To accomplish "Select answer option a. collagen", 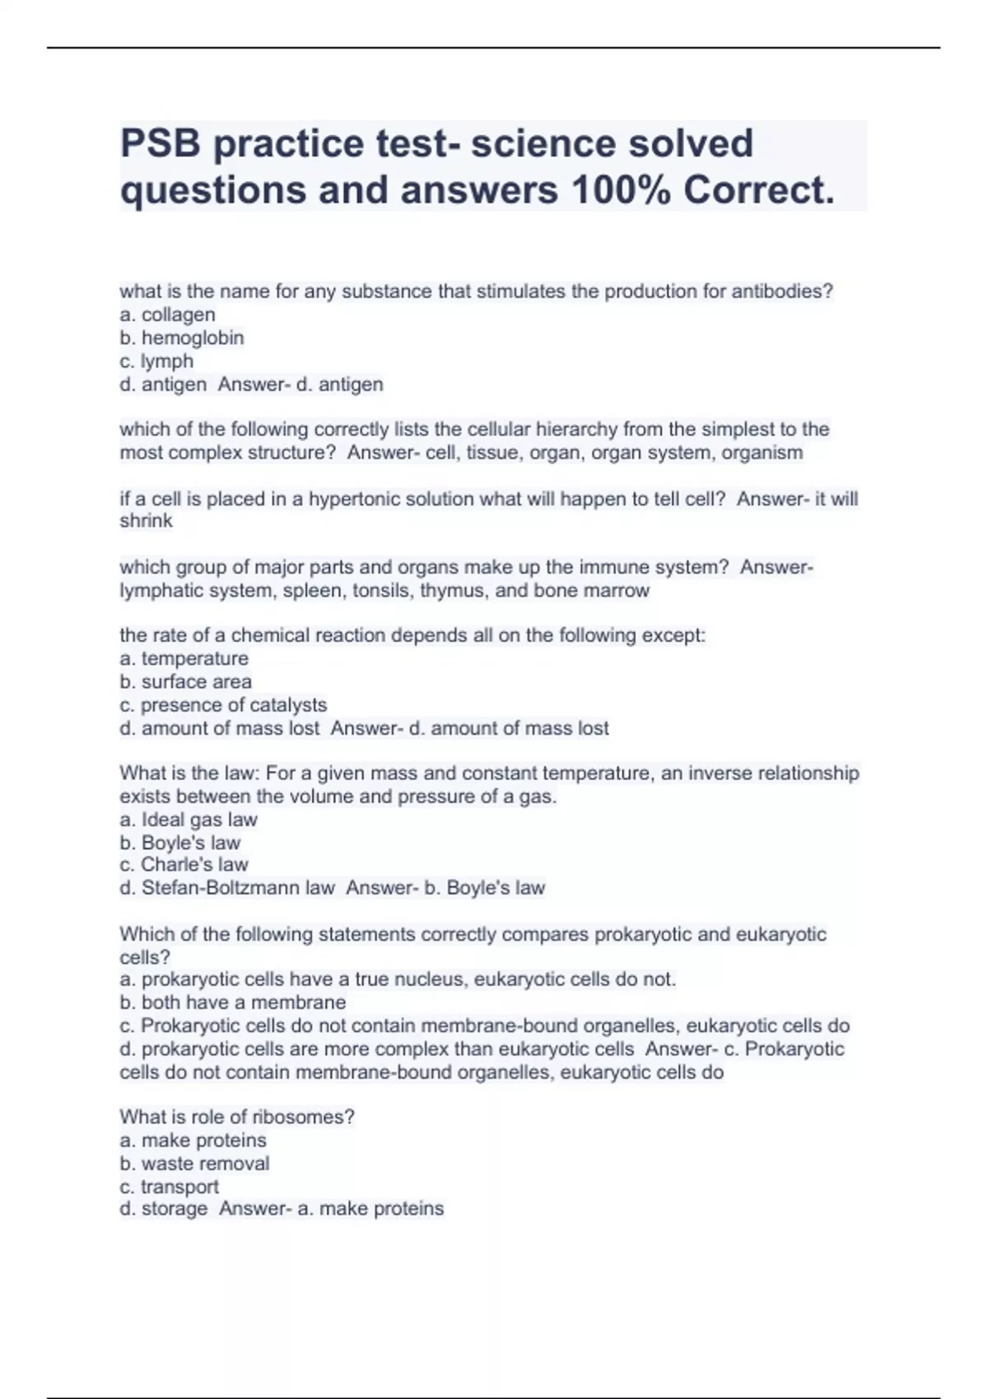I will (168, 314).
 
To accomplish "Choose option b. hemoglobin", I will (182, 337).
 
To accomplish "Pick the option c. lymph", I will (156, 360).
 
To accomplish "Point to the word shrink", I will (147, 521).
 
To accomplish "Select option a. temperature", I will (184, 658).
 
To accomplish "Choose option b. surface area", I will (186, 681).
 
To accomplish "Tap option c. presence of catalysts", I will (223, 704).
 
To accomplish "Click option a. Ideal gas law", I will (189, 820).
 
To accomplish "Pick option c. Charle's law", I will (184, 864).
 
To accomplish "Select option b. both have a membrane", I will (233, 1002).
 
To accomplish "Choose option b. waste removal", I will (194, 1163).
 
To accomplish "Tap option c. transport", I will (169, 1186).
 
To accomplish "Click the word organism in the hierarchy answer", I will (761, 453).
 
